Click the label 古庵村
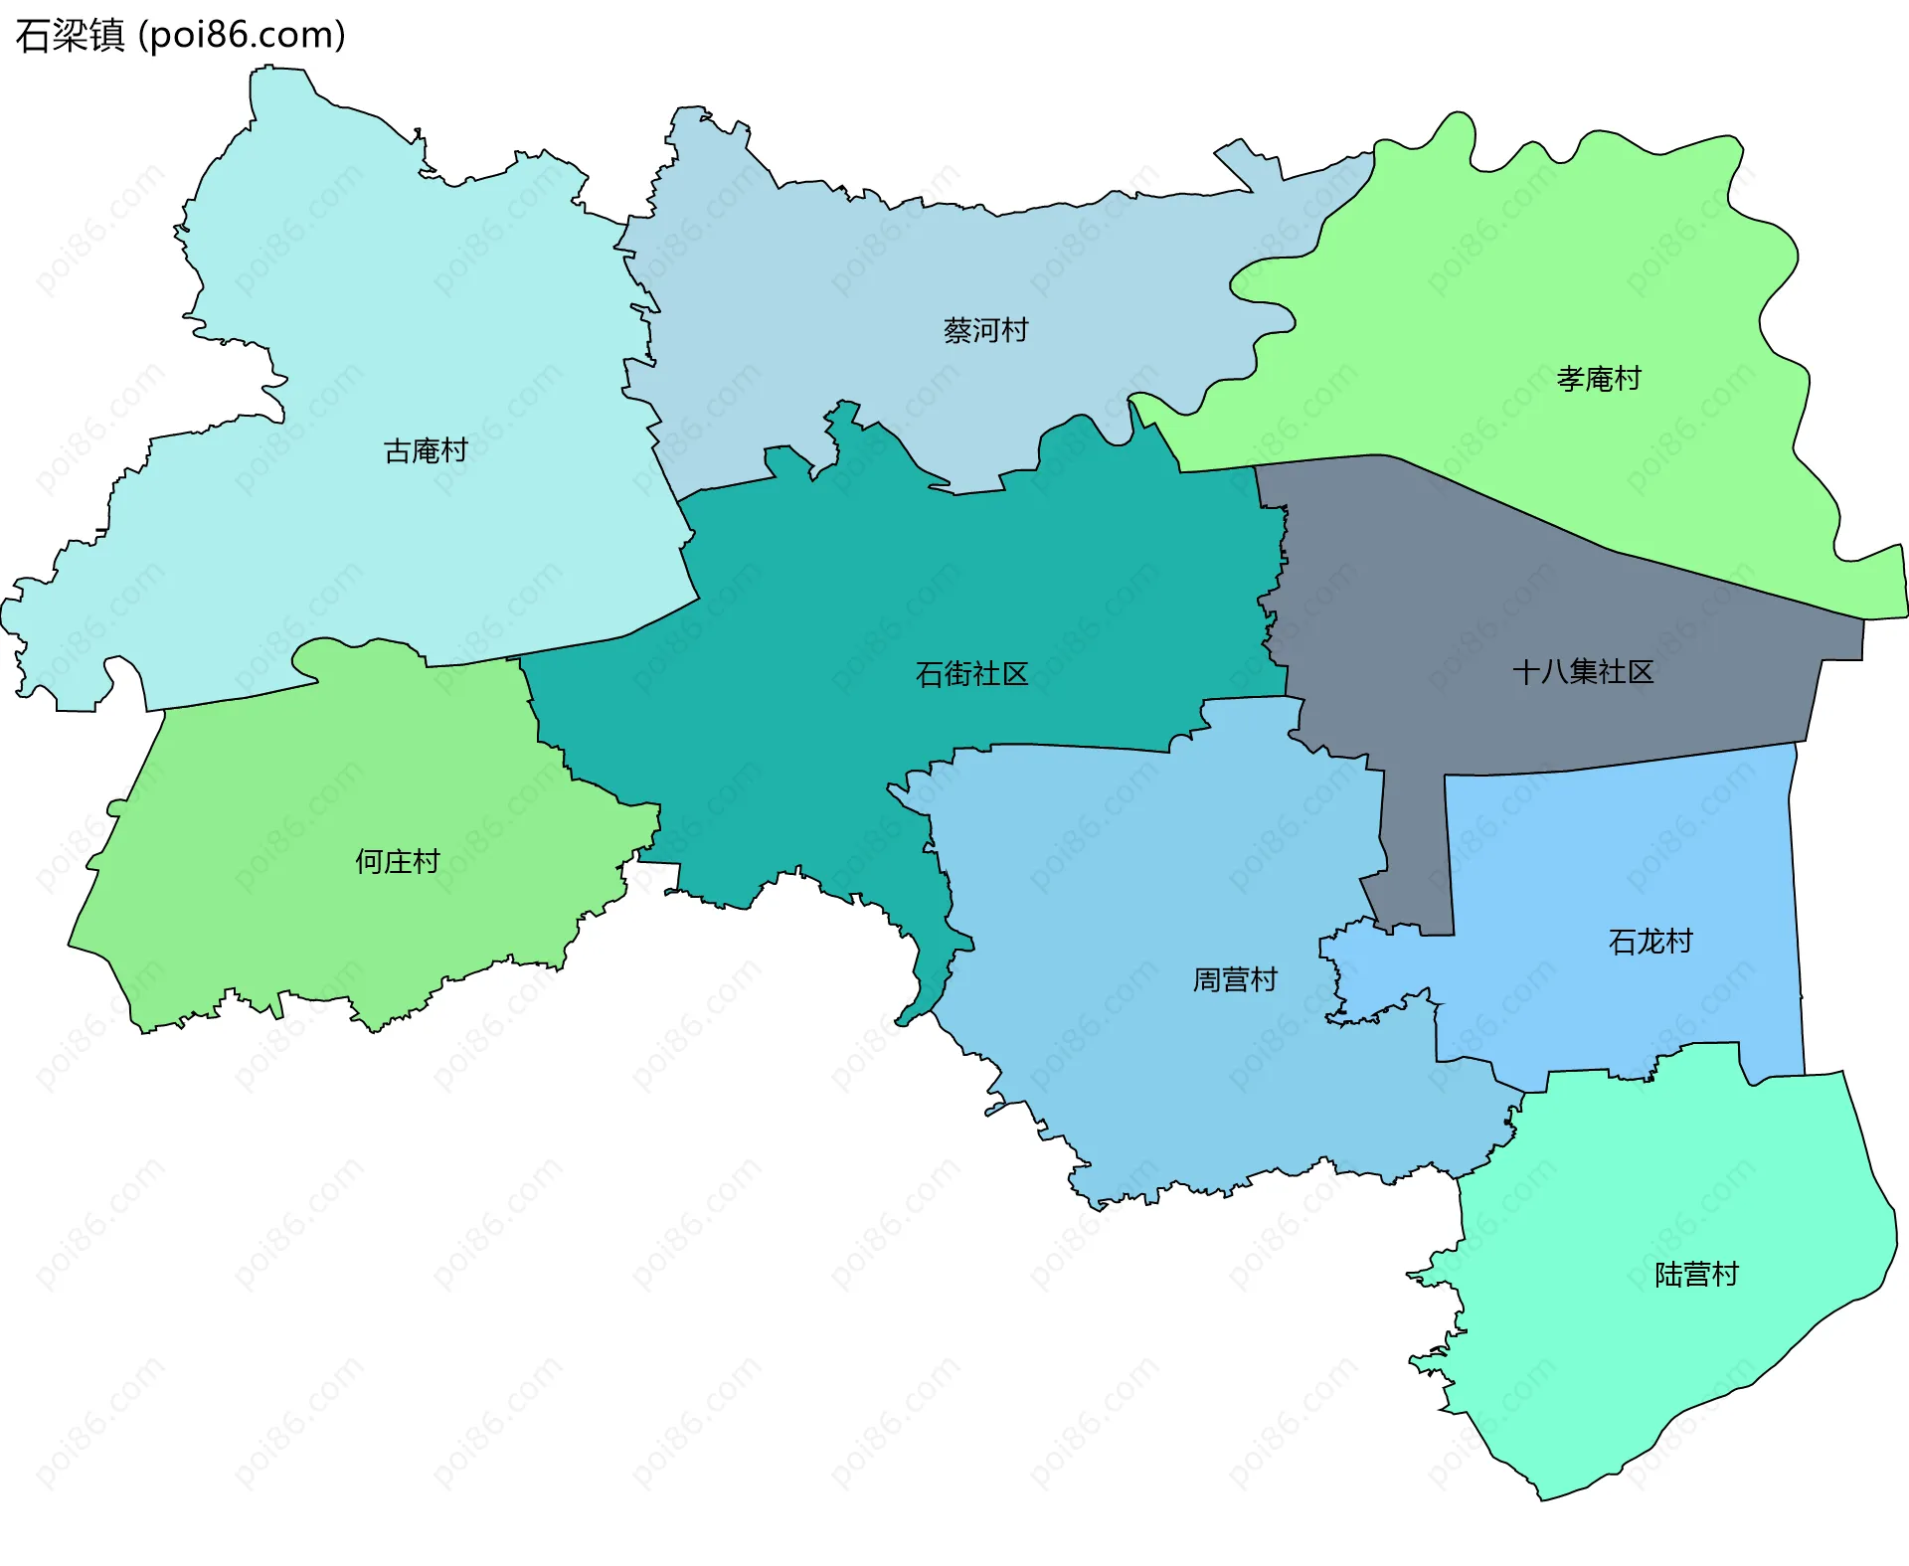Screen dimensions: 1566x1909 (x=426, y=450)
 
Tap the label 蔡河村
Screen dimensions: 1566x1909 (x=985, y=330)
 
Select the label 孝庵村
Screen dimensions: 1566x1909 (x=1598, y=379)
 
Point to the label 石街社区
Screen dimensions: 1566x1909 (x=971, y=674)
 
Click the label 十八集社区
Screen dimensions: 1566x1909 (x=1583, y=672)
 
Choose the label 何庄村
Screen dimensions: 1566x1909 (x=398, y=861)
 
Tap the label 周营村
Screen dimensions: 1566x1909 (x=1235, y=980)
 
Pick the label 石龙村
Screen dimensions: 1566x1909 (x=1650, y=942)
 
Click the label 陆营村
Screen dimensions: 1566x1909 (x=1696, y=1275)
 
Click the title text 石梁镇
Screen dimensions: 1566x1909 (x=70, y=35)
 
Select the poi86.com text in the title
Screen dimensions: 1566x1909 (x=243, y=35)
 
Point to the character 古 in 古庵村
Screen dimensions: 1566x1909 (x=398, y=450)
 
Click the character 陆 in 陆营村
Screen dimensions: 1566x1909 (x=1668, y=1275)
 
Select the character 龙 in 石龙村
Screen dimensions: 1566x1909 (x=1650, y=942)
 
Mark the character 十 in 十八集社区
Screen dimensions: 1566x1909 (x=1526, y=672)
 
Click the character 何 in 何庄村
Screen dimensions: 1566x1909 (x=370, y=861)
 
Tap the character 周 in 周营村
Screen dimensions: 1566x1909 (x=1207, y=980)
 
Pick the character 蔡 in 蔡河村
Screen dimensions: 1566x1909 (x=957, y=330)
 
